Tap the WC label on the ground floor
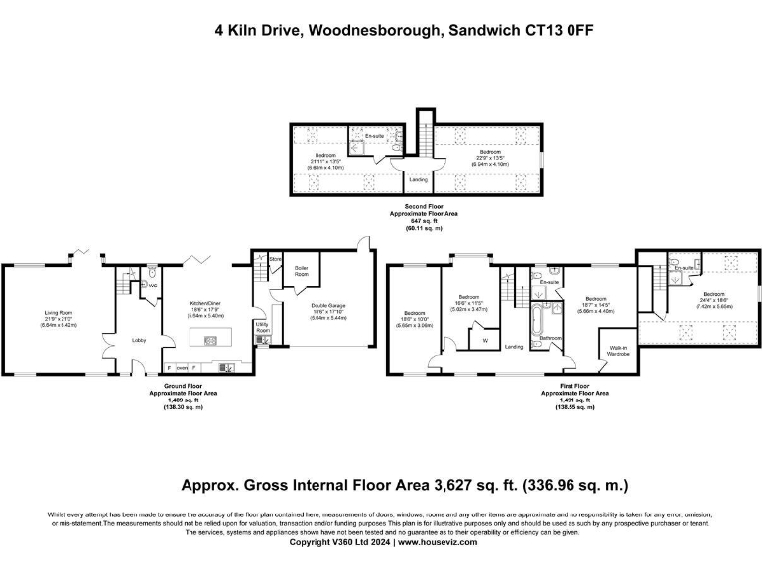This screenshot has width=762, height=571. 154,285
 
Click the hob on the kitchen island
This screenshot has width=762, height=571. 210,341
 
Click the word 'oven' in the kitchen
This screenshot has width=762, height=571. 183,367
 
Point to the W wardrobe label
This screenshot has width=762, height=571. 485,341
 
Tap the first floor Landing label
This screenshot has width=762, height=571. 514,347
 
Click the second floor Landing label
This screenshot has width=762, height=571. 418,179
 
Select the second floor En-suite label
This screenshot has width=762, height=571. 363,134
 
